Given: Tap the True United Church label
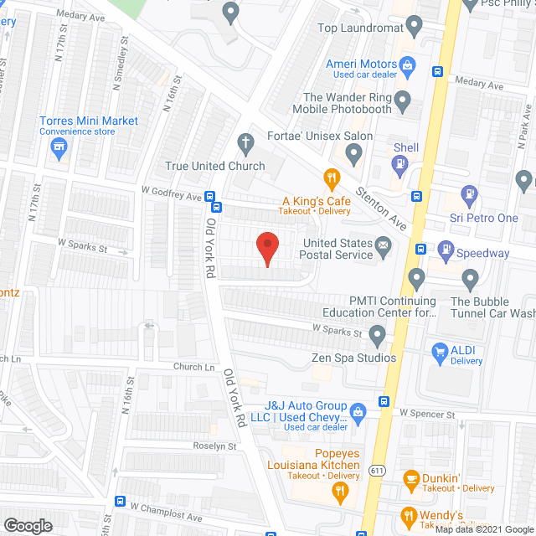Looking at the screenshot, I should (215, 166).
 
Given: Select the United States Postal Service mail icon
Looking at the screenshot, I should (384, 245).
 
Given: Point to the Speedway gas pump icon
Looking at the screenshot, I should (445, 250).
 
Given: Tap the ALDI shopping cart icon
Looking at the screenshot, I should (438, 352).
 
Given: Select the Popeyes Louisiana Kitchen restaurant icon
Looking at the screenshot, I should (339, 492).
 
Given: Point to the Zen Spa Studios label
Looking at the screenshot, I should (353, 358).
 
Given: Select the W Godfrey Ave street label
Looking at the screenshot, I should (172, 196).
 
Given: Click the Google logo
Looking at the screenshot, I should (27, 526).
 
